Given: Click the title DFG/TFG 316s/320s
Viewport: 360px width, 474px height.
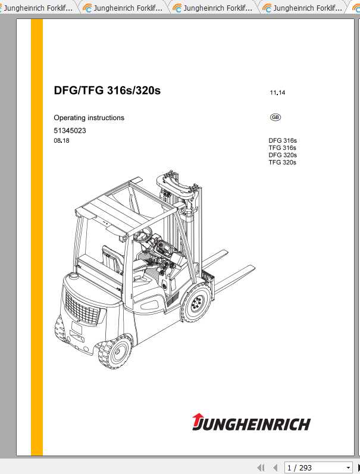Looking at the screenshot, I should pyautogui.click(x=107, y=91).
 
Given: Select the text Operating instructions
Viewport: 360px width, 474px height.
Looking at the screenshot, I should pyautogui.click(x=89, y=118).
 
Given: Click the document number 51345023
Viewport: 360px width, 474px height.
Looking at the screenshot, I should pyautogui.click(x=70, y=130).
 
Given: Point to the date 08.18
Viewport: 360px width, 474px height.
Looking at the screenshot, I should pyautogui.click(x=61, y=141).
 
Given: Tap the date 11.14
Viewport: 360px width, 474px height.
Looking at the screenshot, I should pyautogui.click(x=277, y=93).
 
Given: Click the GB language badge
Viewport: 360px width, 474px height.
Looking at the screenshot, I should pyautogui.click(x=276, y=117).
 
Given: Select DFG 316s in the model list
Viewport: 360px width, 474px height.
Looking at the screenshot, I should pyautogui.click(x=283, y=141).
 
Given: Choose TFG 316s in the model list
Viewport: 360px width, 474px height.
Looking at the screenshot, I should pyautogui.click(x=283, y=148).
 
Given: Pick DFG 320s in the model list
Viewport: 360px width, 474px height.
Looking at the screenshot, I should pyautogui.click(x=283, y=155).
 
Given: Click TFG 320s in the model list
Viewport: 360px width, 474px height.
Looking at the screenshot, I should pyautogui.click(x=283, y=162).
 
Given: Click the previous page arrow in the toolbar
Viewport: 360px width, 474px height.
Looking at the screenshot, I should pyautogui.click(x=275, y=467).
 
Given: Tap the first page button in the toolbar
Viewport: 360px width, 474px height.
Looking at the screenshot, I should pyautogui.click(x=261, y=467).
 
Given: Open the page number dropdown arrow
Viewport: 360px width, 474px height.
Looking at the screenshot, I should pyautogui.click(x=348, y=467).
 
